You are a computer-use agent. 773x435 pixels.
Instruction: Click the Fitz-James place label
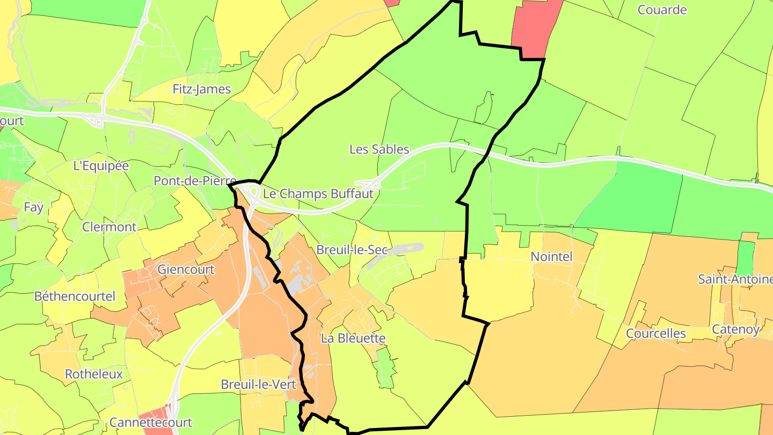[x=202, y=89]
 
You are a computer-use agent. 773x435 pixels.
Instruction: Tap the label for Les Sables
[x=379, y=149]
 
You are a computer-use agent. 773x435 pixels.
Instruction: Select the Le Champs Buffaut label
[x=318, y=193]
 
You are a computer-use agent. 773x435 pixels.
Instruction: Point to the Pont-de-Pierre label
[x=195, y=181]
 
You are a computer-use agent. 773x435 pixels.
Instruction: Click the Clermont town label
[x=110, y=227]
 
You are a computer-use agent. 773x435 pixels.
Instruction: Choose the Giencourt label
[x=186, y=269]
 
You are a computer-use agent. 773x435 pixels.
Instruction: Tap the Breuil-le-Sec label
[x=352, y=250]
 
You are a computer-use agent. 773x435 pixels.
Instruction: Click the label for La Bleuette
[x=353, y=338]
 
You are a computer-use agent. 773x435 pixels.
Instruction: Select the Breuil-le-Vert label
[x=255, y=385]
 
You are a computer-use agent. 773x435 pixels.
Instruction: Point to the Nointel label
[x=551, y=257]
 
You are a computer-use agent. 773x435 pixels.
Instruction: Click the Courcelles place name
[x=656, y=334]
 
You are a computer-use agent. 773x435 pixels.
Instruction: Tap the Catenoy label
[x=735, y=329]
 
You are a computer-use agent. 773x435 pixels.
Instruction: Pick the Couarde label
[x=662, y=10]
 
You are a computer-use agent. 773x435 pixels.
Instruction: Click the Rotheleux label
[x=94, y=374]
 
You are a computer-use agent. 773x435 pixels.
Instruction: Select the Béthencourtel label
[x=75, y=296]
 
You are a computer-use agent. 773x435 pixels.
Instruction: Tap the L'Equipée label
[x=101, y=166]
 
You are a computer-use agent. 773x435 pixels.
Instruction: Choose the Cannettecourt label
[x=151, y=422]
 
